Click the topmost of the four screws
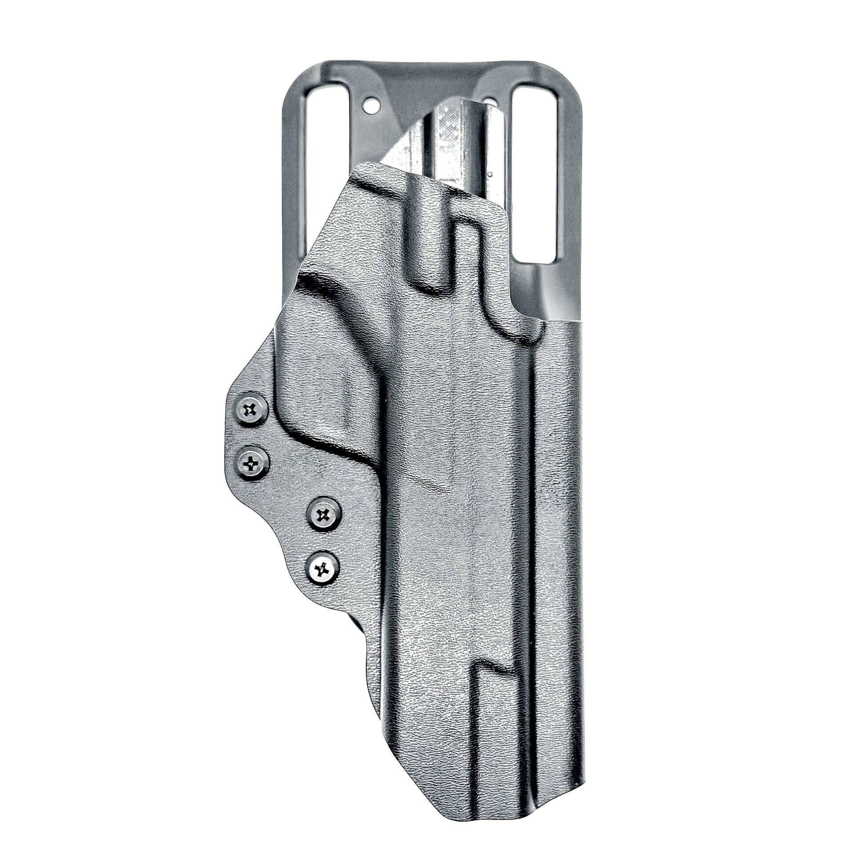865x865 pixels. (252, 408)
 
